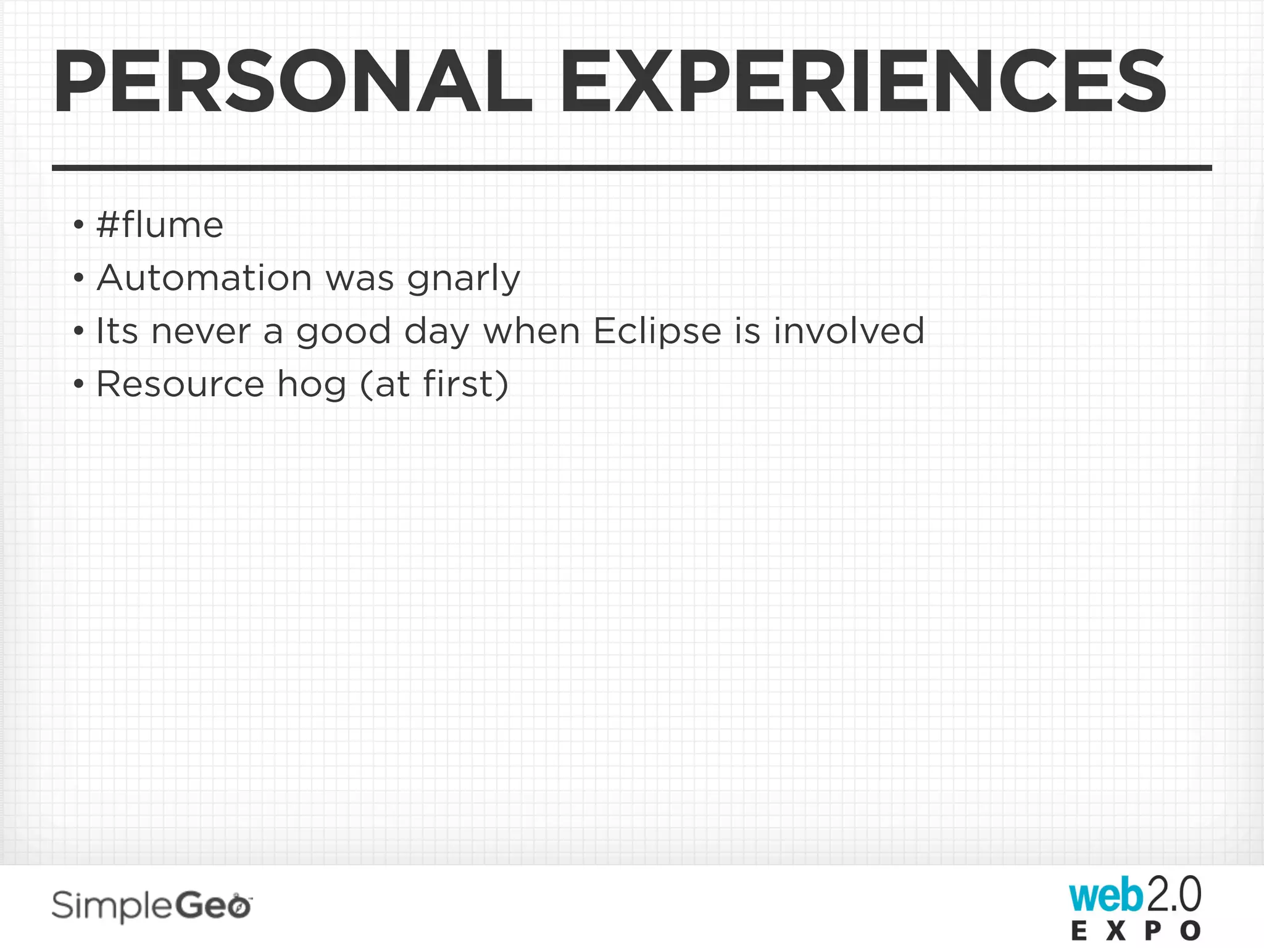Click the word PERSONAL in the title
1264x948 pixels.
[293, 82]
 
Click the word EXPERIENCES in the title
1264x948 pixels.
[862, 82]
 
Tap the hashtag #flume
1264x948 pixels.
[160, 225]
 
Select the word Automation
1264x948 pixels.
[204, 278]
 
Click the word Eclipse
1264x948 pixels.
[657, 331]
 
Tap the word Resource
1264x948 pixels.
[180, 384]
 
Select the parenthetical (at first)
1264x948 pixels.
[434, 384]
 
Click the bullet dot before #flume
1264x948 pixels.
[78, 225]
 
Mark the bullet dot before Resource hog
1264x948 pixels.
[78, 385]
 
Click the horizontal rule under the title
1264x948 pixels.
[632, 168]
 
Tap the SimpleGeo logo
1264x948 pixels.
[151, 906]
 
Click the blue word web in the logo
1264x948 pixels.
[1106, 897]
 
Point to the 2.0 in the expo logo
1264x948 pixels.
[1173, 895]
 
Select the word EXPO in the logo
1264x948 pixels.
[1136, 931]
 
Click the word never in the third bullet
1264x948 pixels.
[201, 331]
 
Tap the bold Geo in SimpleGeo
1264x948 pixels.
[213, 905]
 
